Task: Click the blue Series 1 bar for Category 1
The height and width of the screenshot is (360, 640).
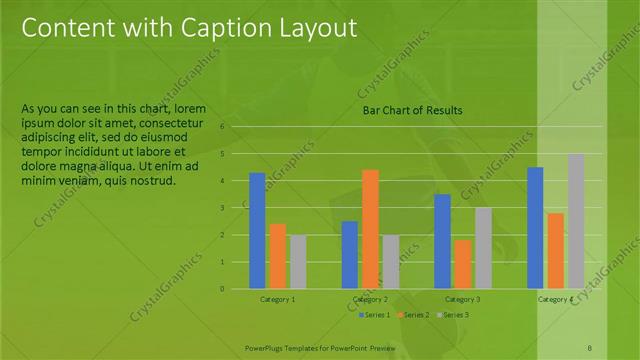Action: tap(257, 231)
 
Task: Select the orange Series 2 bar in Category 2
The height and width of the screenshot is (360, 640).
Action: tap(370, 229)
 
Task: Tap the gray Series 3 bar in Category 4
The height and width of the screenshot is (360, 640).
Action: tap(575, 221)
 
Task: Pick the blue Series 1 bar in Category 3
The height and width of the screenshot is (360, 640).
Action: tap(442, 241)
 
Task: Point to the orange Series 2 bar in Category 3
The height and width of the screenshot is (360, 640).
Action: tap(462, 264)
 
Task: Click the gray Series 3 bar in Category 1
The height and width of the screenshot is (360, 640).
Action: tap(297, 262)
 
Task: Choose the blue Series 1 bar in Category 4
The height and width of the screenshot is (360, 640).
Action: tap(535, 228)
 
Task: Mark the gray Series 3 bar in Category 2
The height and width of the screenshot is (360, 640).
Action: tap(390, 262)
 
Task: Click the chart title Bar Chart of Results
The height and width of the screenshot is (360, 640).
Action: tap(412, 111)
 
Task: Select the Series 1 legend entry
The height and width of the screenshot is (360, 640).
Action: tap(376, 315)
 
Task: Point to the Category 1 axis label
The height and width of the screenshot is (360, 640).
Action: tap(278, 299)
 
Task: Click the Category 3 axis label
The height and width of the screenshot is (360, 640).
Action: tap(462, 299)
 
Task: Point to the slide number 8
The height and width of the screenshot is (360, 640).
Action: tap(589, 346)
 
